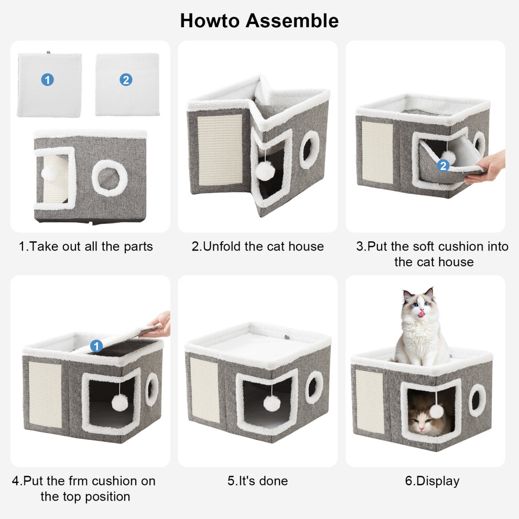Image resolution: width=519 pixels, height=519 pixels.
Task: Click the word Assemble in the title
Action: point(292,20)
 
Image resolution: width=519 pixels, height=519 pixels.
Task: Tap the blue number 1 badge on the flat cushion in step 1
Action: point(47,80)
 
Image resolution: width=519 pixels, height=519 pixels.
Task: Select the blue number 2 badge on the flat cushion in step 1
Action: point(126,80)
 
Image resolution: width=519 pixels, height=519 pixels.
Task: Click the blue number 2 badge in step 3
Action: point(443,166)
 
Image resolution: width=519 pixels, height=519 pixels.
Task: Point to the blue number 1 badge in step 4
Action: point(96,346)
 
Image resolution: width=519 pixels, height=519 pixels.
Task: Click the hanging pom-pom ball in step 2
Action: point(265,171)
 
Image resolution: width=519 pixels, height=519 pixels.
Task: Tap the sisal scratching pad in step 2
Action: point(220,149)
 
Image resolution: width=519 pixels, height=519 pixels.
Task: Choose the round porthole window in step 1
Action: point(110,178)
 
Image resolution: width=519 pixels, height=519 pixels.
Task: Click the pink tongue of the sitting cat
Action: point(421,313)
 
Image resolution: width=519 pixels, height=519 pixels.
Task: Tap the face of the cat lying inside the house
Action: point(422,420)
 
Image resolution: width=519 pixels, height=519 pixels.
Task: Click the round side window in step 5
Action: point(314,387)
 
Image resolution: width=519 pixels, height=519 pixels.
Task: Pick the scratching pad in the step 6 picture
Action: point(370,402)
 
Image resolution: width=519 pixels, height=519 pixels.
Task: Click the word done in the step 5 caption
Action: point(274,481)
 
